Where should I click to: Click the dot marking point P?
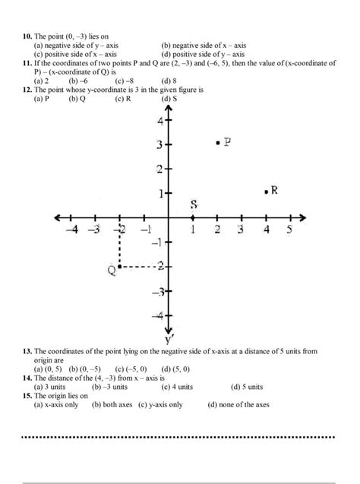[218, 142]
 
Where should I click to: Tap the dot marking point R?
[266, 193]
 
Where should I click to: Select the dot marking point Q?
[120, 267]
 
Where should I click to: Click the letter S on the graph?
[194, 205]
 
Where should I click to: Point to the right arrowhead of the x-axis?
[302, 218]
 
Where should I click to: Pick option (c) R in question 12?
[124, 99]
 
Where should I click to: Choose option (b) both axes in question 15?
[113, 405]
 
